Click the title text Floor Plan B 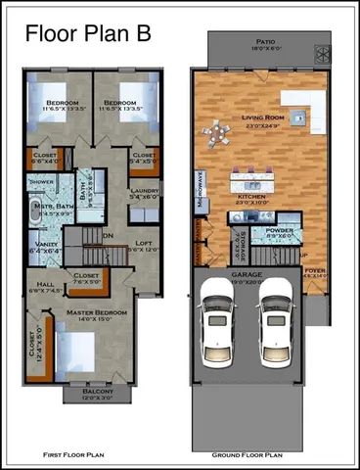[88, 32]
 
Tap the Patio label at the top [265, 43]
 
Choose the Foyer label [314, 270]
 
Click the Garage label [247, 275]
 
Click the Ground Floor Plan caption [247, 454]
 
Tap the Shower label [42, 181]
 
